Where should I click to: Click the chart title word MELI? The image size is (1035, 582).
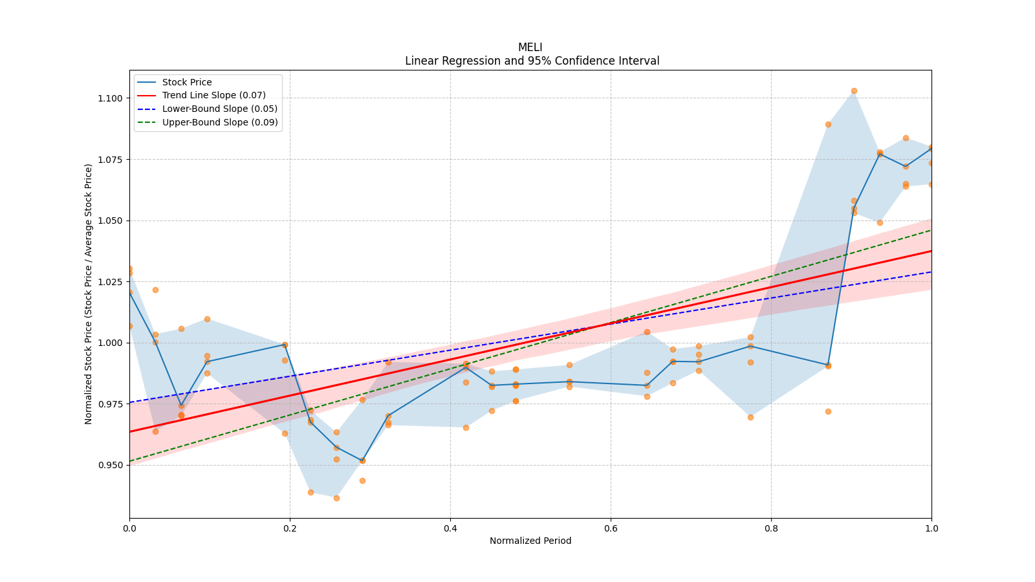point(530,47)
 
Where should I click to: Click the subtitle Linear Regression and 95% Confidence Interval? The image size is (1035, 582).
point(532,61)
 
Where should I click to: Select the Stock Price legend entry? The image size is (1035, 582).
point(187,82)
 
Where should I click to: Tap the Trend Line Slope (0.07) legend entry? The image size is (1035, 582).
point(213,96)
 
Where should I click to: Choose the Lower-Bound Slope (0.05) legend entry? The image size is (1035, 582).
point(219,109)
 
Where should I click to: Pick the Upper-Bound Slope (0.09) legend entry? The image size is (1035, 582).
point(220,122)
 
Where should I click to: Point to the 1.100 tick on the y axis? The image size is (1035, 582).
point(109,98)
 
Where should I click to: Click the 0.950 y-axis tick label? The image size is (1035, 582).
point(109,465)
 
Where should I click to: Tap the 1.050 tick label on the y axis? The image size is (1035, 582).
point(109,221)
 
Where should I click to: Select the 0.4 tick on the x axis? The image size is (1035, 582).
point(450,528)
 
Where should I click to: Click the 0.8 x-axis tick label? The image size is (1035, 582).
point(771,528)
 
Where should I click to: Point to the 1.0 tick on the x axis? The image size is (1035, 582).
point(931,528)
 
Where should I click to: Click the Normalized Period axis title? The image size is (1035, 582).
point(530,541)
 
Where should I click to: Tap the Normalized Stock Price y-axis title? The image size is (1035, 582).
point(89,294)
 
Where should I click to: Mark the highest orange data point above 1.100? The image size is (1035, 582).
point(854,91)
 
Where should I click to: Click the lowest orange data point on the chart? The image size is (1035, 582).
point(336,498)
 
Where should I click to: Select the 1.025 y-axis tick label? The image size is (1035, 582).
point(109,282)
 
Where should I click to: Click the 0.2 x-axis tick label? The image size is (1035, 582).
point(290,528)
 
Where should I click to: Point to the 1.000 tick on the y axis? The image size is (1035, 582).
point(109,343)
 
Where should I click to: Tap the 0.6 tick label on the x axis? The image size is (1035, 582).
point(611,528)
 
